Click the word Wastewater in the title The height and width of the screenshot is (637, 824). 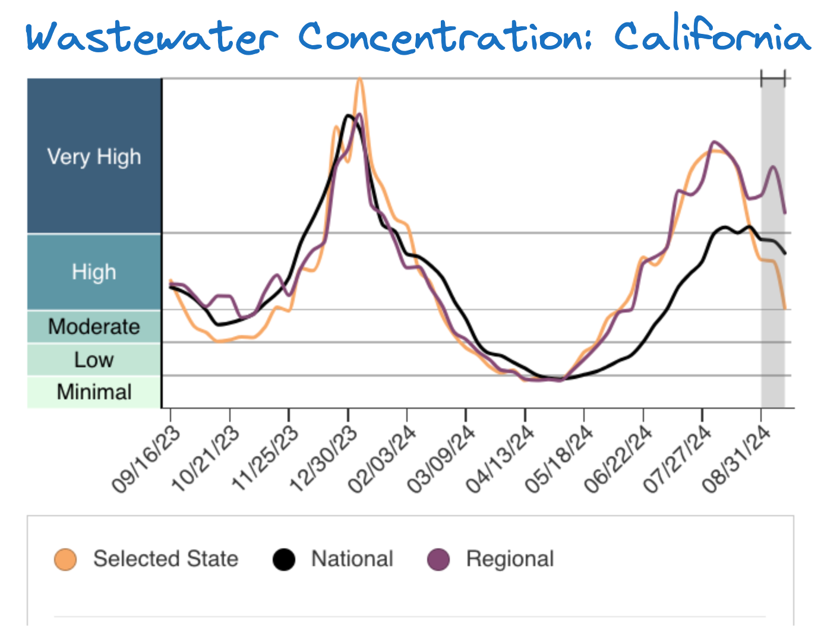[x=151, y=37]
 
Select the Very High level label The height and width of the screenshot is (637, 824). [x=94, y=157]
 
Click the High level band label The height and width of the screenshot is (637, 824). [x=94, y=272]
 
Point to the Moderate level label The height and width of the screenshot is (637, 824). [x=94, y=327]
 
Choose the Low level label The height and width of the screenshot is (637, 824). [x=94, y=360]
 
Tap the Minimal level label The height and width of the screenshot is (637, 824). [x=94, y=392]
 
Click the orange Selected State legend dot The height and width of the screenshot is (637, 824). [x=65, y=559]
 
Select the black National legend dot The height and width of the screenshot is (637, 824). [x=284, y=559]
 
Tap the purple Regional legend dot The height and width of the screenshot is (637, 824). [x=439, y=559]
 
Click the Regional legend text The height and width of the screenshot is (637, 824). [x=510, y=559]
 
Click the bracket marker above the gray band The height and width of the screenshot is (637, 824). [x=773, y=78]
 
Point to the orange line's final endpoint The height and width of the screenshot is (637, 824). [x=785, y=308]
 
